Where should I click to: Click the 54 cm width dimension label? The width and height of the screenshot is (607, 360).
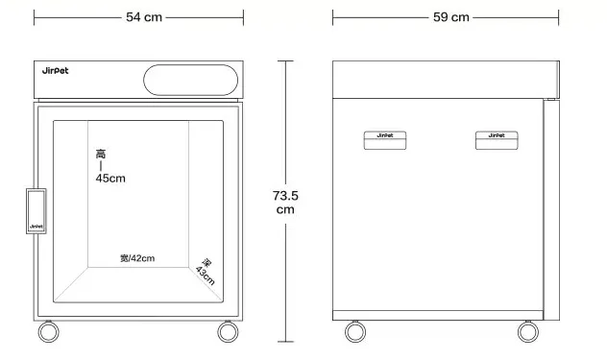coord(144,17)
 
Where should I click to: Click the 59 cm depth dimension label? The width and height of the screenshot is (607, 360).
coord(451,17)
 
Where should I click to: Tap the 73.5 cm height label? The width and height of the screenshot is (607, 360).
coord(285,203)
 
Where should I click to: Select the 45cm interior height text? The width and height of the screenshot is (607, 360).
coord(110,179)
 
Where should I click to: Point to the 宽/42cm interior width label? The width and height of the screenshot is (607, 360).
coord(137,258)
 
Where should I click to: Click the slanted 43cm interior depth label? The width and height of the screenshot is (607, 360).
coord(206,272)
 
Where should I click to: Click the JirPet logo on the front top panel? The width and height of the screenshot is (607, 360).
coord(55,71)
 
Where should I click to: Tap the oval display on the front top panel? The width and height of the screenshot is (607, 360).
coord(190,80)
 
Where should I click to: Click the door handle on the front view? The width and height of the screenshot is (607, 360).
coord(36,211)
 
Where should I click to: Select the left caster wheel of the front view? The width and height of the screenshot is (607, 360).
coord(48,332)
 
